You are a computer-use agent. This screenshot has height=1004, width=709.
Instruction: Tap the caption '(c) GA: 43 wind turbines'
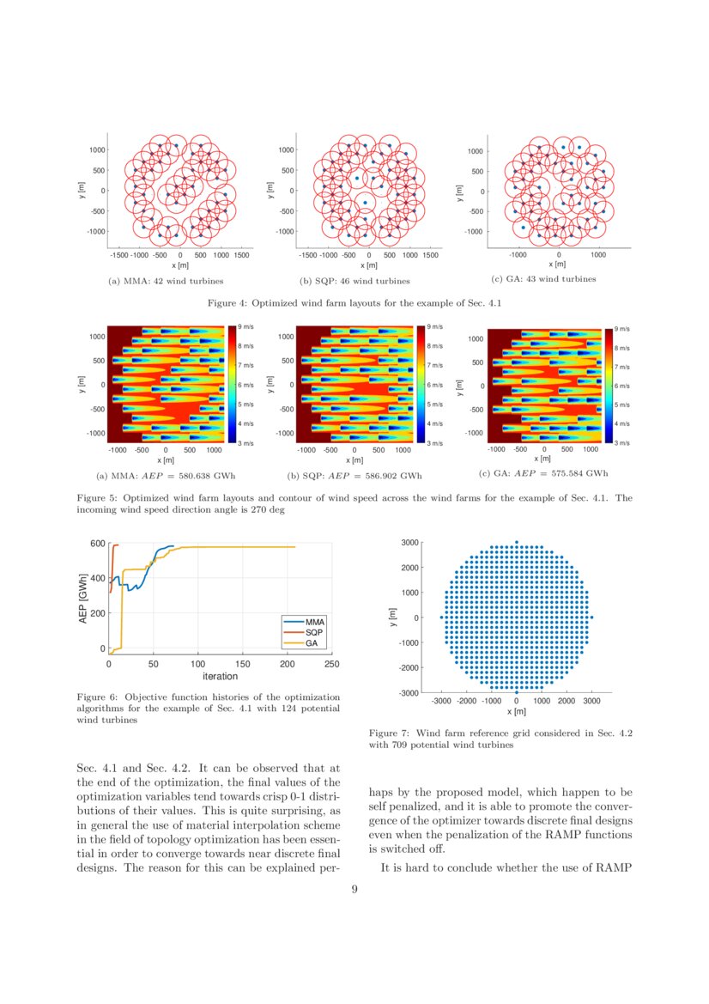543,279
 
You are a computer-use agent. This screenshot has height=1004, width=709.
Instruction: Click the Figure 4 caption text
354,302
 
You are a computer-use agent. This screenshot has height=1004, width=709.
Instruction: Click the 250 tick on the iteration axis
332,664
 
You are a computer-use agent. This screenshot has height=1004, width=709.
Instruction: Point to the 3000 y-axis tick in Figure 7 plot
409,542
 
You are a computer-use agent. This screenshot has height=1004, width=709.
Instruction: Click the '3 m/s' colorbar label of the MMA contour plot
245,443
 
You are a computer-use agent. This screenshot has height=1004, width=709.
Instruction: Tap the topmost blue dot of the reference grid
516,542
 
